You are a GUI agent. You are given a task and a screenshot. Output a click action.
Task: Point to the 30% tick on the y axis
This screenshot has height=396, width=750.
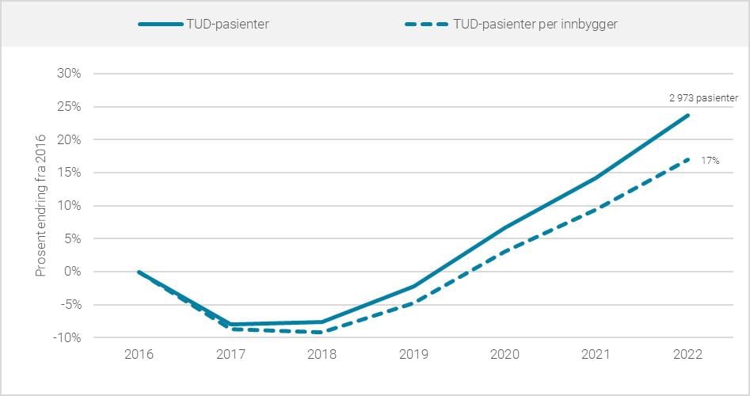(x=70, y=74)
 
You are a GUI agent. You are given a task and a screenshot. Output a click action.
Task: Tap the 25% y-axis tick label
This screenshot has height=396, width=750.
(x=70, y=107)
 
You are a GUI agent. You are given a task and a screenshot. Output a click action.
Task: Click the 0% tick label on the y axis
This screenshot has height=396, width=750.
(x=72, y=272)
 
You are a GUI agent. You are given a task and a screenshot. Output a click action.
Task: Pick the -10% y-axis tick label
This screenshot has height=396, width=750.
(x=68, y=338)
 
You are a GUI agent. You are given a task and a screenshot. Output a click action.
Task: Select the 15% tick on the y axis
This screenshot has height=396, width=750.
(x=70, y=173)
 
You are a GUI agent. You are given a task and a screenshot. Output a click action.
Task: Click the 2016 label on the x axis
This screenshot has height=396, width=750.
(x=139, y=354)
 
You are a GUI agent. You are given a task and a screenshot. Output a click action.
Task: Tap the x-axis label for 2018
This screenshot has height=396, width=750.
(x=322, y=354)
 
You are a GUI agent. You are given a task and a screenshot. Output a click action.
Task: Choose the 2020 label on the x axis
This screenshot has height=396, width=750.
(x=505, y=354)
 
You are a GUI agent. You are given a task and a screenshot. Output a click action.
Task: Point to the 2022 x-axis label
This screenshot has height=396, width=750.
(x=688, y=354)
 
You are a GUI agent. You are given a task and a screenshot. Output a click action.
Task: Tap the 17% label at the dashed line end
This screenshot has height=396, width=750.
(x=710, y=161)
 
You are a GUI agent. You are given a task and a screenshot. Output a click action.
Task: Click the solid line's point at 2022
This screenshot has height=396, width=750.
(x=688, y=115)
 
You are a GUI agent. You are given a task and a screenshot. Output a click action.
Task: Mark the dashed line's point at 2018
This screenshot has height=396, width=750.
(x=322, y=332)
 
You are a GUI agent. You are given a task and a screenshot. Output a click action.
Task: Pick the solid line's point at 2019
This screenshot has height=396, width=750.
(x=413, y=286)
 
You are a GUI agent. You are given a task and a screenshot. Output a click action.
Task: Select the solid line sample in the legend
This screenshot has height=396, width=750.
(x=163, y=24)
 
